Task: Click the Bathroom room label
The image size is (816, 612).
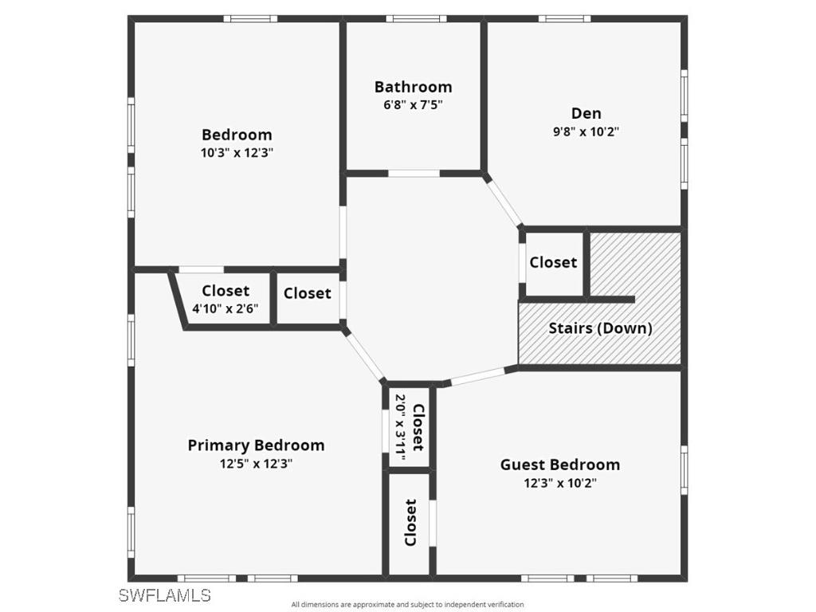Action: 413,87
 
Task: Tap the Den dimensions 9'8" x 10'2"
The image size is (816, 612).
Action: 586,131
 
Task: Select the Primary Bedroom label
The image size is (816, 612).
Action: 256,445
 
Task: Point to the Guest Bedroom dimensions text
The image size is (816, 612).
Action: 559,483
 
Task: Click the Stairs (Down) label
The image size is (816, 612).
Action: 600,328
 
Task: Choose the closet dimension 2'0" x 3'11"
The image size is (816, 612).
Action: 400,428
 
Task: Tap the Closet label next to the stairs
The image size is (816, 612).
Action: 553,262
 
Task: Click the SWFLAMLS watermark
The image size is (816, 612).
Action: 164,595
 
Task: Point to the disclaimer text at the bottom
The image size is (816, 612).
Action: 407,605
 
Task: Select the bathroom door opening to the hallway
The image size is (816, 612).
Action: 414,173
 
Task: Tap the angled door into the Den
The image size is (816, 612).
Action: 504,201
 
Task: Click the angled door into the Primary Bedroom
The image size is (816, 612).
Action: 365,354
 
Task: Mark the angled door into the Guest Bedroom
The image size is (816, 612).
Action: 479,375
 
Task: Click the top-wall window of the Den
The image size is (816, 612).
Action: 564,18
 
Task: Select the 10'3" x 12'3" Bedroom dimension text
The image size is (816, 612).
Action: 237,153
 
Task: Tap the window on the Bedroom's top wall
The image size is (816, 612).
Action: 250,18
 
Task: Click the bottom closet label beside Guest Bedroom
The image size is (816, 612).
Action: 410,522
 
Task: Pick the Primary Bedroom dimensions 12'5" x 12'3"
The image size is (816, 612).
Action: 256,464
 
